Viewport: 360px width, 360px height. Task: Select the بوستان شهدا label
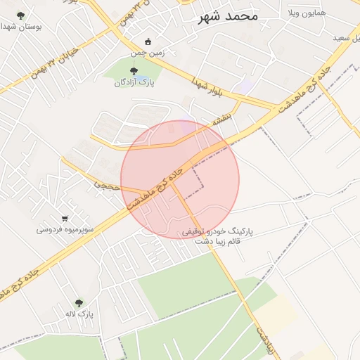point(21,26)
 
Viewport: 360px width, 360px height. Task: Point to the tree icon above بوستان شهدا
point(20,15)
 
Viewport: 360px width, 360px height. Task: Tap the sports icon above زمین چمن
point(147,41)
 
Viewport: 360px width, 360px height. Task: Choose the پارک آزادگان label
point(134,82)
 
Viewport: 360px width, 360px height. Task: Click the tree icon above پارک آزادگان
point(134,70)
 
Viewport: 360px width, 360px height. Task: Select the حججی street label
point(108,185)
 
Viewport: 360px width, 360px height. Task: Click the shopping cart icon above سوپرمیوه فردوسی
point(65,218)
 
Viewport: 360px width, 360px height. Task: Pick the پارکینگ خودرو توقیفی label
point(217,231)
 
